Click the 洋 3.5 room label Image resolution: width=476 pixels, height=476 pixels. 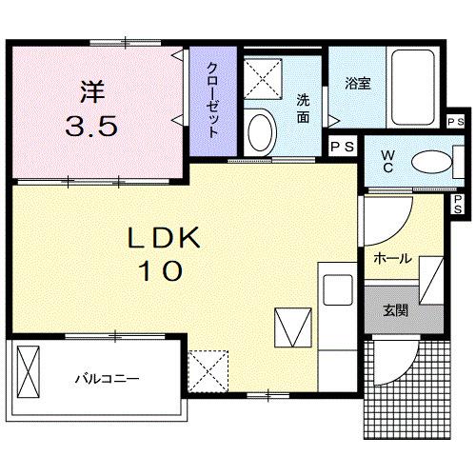click(x=93, y=109)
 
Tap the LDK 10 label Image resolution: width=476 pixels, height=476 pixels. click(x=164, y=254)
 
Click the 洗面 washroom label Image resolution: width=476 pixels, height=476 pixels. click(x=304, y=108)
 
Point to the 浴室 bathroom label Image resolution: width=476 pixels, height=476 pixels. click(x=358, y=83)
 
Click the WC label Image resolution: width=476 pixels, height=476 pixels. click(x=390, y=162)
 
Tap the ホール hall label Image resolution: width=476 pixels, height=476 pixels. click(x=393, y=258)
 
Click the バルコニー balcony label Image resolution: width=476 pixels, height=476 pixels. click(x=108, y=379)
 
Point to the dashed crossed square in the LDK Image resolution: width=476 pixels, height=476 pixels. click(x=207, y=368)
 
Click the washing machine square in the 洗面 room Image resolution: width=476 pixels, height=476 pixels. click(x=262, y=75)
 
